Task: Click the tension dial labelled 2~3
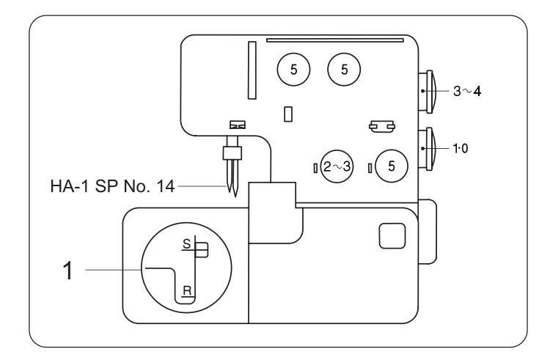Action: [337, 166]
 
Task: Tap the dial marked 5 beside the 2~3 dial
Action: [392, 166]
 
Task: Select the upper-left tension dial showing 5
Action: [293, 70]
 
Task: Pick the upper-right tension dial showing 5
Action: [344, 70]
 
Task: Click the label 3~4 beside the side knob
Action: [467, 91]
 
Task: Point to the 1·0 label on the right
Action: [461, 149]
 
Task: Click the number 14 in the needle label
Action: [165, 186]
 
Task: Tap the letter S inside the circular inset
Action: [186, 243]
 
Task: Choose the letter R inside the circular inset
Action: [187, 290]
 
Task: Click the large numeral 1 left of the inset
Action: [68, 271]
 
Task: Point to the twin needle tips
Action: [232, 191]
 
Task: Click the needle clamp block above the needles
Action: [232, 153]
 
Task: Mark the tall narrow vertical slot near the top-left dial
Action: [252, 70]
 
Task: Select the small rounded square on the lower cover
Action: [392, 236]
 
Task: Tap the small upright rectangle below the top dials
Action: [288, 114]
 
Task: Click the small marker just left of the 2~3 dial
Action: [315, 168]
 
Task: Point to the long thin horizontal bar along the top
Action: [335, 40]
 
